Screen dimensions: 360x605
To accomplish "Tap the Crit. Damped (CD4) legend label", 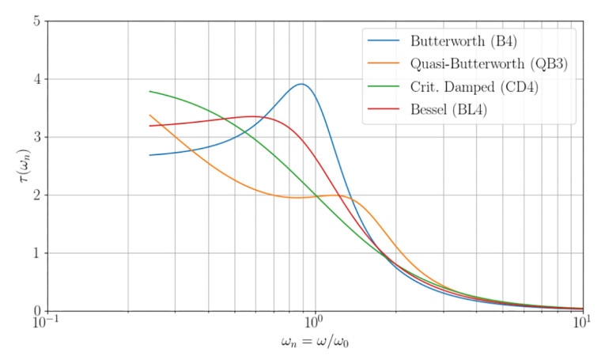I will click(463, 87).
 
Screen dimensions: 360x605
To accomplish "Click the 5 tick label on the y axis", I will click(36, 21).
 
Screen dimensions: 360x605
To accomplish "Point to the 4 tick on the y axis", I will click(36, 79).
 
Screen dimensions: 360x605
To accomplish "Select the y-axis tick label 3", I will click(36, 137).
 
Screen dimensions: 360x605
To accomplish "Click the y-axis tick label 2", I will click(36, 195).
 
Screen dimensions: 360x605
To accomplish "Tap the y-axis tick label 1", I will click(36, 253).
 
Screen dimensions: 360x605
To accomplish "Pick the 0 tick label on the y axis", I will click(36, 311).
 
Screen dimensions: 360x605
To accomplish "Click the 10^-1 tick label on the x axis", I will click(47, 324).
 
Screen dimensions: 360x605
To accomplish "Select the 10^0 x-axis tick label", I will click(315, 324).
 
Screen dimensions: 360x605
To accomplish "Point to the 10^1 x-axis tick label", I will click(583, 324).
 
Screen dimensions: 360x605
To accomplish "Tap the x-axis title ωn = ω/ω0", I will click(315, 347).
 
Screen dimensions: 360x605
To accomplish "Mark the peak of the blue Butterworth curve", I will click(301, 84).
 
